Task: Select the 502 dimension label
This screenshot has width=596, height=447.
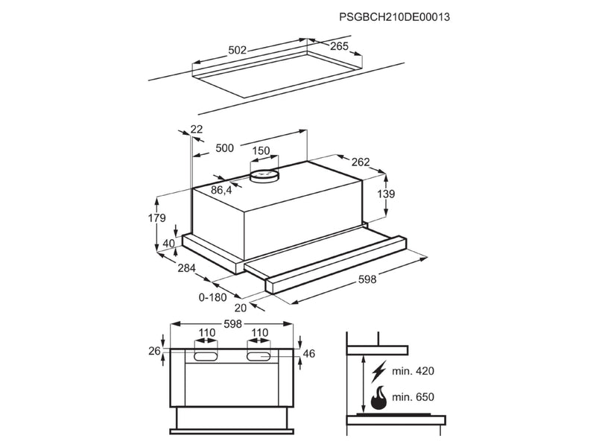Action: point(237,51)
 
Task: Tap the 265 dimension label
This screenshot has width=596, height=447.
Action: point(339,46)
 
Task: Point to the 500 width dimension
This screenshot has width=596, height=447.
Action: point(224,148)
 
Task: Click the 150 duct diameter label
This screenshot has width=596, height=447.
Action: point(261,151)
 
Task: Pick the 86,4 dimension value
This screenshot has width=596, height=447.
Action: point(221,191)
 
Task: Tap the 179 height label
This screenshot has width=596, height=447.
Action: point(155,218)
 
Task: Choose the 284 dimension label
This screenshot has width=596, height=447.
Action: point(186,267)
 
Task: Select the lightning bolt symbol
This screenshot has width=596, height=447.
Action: point(378,370)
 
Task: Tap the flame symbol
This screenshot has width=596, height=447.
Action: point(379,396)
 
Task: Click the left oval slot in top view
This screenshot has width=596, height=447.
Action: point(206,358)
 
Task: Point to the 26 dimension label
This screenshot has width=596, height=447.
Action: point(154,351)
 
